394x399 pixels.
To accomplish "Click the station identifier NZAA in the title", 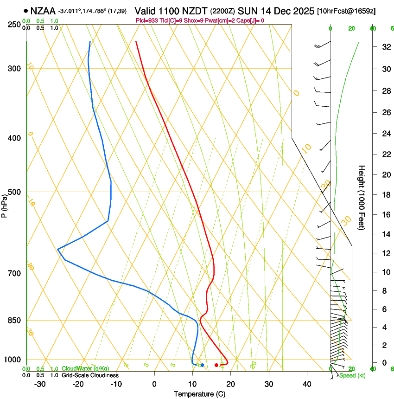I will [44, 11].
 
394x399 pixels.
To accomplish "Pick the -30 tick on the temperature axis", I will [40, 384].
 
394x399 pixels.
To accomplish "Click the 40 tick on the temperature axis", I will [307, 384].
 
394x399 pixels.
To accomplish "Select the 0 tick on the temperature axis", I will [154, 384].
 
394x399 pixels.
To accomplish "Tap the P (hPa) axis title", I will [5, 204].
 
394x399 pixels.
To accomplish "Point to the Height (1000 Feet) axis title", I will [362, 197].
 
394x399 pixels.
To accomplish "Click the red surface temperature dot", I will [216, 365].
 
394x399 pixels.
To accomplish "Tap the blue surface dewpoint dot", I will [202, 365].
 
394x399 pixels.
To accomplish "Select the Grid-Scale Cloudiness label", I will [90, 375].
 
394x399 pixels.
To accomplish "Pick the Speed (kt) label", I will [352, 375].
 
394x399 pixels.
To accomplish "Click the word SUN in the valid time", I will [247, 11].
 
